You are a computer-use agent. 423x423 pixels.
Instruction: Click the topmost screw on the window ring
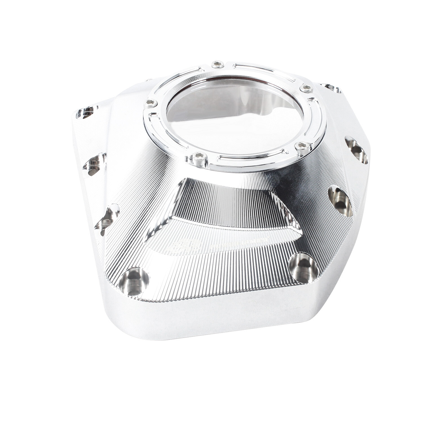tap(217, 65)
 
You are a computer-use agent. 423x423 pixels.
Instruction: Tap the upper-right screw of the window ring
tap(307, 89)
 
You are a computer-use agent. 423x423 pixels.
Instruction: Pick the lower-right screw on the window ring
tap(302, 146)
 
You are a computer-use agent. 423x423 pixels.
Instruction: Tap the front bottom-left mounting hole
tap(133, 281)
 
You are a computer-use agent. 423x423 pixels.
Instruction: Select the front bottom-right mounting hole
tap(304, 267)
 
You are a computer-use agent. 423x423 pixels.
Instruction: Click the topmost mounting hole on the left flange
tap(86, 112)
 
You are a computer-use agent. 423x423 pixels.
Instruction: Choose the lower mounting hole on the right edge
tap(340, 201)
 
